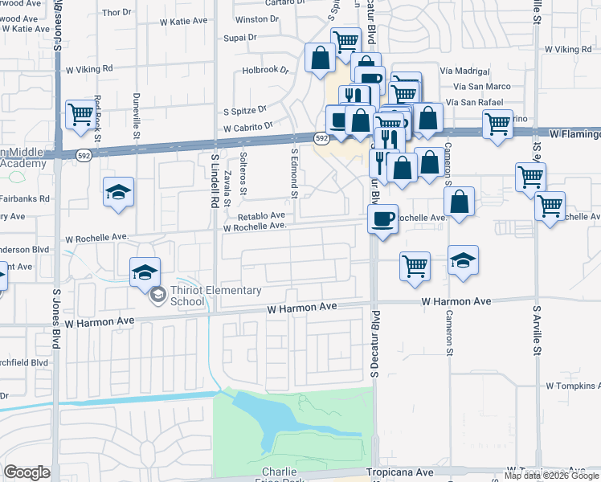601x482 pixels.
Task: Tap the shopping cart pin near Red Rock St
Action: (x=80, y=116)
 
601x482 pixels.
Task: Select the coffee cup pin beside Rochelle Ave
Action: (x=383, y=219)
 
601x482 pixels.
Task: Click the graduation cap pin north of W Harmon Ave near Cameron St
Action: (x=463, y=260)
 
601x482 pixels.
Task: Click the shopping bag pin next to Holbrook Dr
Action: (x=320, y=58)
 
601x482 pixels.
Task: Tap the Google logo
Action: (x=27, y=472)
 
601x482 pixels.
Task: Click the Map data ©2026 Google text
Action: (x=551, y=476)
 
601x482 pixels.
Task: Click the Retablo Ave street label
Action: (x=261, y=215)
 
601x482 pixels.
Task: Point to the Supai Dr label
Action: (x=240, y=37)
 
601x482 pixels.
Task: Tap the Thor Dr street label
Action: (x=117, y=12)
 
